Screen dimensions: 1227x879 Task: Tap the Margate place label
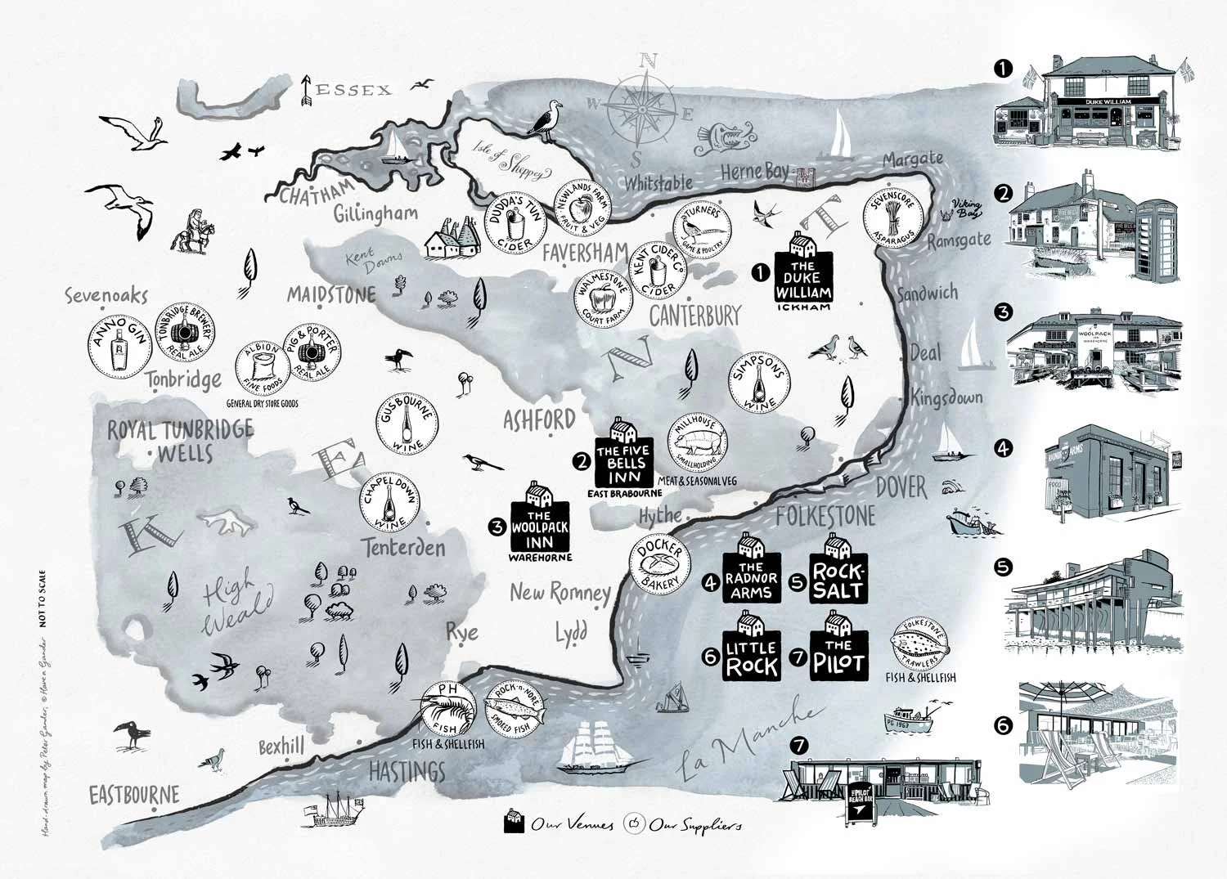913,159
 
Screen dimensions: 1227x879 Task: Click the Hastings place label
407,770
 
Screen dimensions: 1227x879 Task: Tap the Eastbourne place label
133,794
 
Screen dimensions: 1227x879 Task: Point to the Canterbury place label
694,315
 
